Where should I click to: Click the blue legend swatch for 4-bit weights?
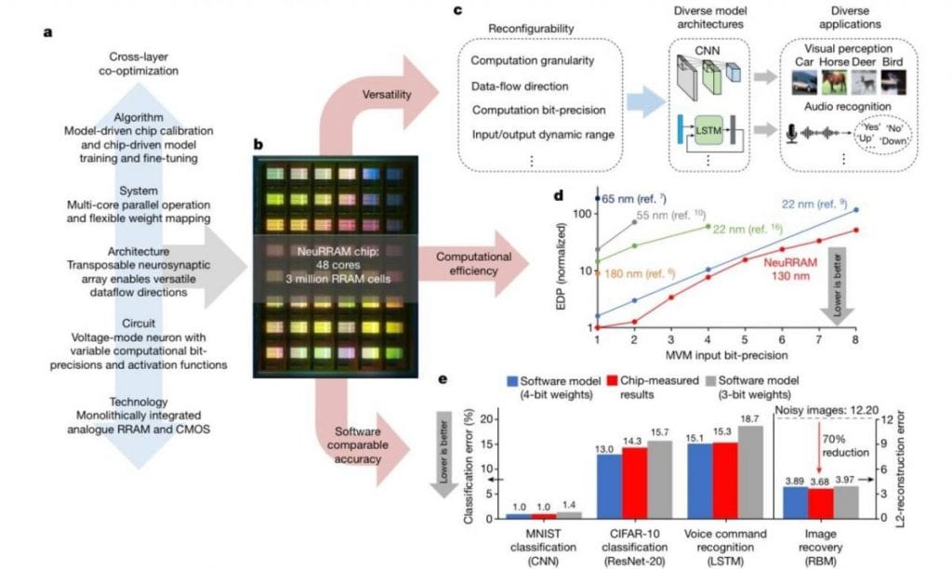(x=512, y=381)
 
